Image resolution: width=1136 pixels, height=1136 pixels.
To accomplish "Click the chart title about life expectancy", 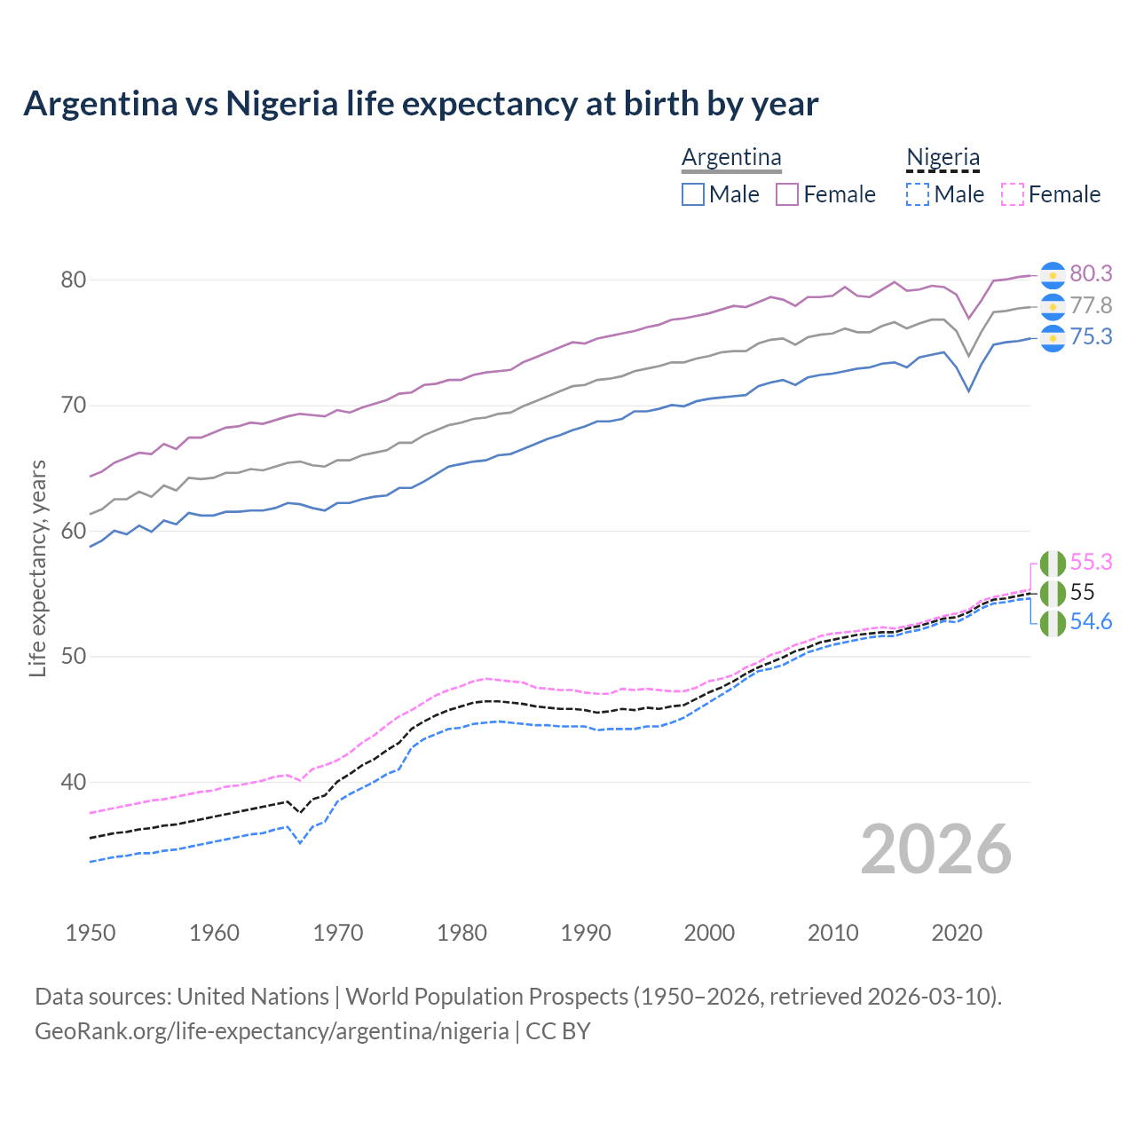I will tap(421, 104).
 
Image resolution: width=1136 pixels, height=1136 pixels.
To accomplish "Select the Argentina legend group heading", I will tap(731, 157).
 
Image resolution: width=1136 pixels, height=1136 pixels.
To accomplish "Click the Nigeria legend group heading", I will tap(943, 157).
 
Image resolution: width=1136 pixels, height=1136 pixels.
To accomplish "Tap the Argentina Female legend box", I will tap(787, 194).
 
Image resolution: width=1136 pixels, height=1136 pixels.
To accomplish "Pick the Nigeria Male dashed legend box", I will tap(918, 194).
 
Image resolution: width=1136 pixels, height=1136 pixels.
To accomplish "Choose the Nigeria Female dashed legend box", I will tap(1013, 194).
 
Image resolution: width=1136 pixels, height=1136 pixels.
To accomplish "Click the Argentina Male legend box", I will tap(693, 194).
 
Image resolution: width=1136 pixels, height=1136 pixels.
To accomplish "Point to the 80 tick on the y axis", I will tap(73, 280).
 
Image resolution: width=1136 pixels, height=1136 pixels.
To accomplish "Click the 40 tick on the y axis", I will tap(73, 782).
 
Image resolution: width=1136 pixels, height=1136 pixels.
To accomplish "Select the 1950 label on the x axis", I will tap(91, 933).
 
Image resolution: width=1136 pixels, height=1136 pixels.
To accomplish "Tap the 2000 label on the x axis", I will tap(709, 933).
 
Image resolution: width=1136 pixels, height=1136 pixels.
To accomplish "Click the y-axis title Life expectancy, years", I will tap(37, 568).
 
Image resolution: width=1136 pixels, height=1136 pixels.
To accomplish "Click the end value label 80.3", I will tap(1091, 274).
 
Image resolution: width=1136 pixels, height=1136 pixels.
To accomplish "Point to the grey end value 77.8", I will tap(1091, 305).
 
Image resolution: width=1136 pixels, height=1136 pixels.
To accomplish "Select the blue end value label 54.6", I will tap(1091, 621).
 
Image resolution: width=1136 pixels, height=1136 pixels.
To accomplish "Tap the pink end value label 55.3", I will tap(1091, 562).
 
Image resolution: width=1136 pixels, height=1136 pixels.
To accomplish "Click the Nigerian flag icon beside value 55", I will tap(1053, 593).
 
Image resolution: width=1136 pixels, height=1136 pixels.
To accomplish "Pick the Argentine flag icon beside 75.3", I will tap(1053, 337).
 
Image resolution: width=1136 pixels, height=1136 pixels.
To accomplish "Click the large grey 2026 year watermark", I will tap(935, 849).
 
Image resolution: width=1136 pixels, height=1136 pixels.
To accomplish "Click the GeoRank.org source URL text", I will tap(272, 1031).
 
